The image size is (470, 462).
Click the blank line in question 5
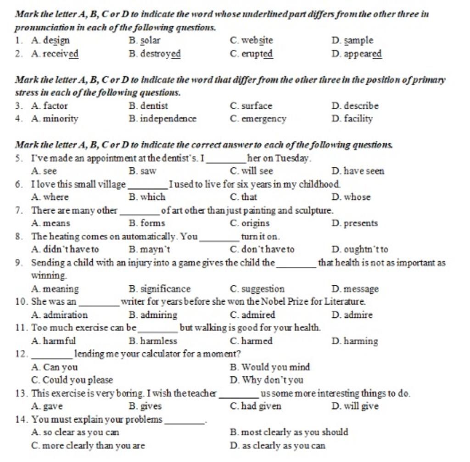click(227, 159)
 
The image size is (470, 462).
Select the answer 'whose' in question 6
click(357, 197)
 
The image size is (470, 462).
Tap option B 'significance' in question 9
click(165, 289)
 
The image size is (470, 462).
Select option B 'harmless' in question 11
click(158, 342)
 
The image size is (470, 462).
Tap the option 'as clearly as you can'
click(284, 446)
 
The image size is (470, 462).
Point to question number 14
click(21, 420)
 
